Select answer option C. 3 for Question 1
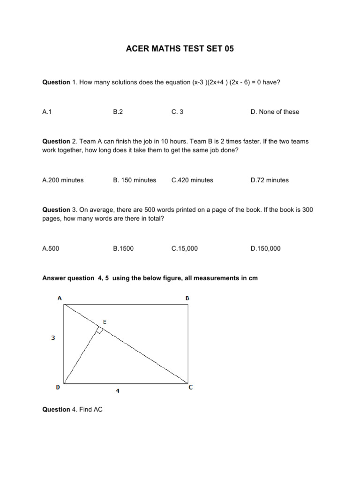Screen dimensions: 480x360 tap(177, 112)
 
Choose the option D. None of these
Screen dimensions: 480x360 tap(275, 112)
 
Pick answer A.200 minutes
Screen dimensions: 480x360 tap(63, 180)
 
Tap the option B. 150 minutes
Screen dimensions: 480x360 tap(135, 180)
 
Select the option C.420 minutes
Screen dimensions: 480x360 tap(192, 180)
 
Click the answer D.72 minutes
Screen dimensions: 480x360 tap(270, 180)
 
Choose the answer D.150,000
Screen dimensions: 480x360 tap(265, 248)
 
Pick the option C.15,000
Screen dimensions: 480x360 tap(185, 248)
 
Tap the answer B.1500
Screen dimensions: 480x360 tap(123, 248)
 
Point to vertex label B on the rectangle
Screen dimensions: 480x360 tap(187, 298)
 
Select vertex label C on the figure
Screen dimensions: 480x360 tap(190, 388)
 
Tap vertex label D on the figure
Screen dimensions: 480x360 tap(58, 388)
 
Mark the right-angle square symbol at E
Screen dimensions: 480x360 tap(99, 330)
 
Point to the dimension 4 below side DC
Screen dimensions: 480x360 tap(118, 391)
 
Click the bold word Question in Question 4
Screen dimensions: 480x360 tap(56, 409)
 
